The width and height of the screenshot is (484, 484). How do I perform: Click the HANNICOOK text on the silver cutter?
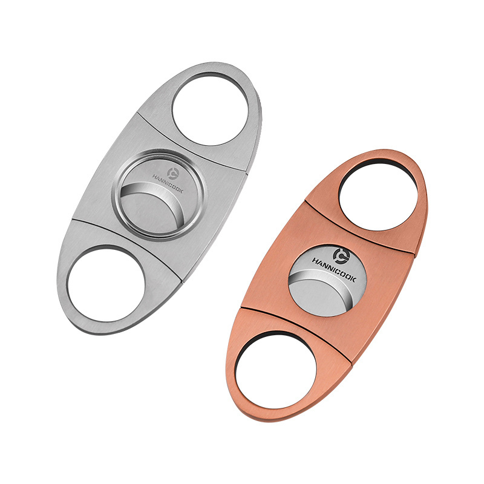coord(168,184)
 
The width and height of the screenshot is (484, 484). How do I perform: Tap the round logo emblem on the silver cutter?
coord(173,173)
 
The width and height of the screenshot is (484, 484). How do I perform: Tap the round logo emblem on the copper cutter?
coord(340,256)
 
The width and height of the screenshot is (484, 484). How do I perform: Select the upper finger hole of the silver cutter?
coord(210,110)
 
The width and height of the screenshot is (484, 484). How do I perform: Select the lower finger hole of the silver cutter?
coord(106,284)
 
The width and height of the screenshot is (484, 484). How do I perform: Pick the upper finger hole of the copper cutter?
coord(378,197)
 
